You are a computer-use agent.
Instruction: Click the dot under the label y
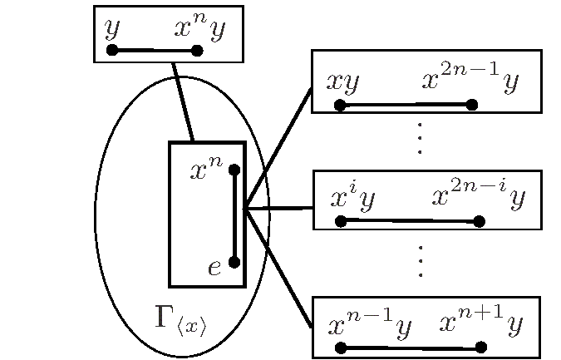coord(112,50)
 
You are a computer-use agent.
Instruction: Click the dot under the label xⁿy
coord(197,51)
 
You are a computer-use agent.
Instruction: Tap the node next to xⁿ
coord(234,170)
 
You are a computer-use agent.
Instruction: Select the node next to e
coord(234,262)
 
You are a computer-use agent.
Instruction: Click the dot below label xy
coord(340,105)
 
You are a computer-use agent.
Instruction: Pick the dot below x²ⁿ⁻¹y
coord(472,105)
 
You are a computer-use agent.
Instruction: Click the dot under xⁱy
coord(341,220)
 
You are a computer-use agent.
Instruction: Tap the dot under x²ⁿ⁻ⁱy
coord(479,221)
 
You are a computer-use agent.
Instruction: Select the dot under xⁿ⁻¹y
coord(341,347)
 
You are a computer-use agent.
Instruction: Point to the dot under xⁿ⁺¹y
coord(480,347)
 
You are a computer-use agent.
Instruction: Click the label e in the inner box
coord(214,267)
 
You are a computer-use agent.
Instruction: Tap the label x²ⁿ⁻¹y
coord(470,80)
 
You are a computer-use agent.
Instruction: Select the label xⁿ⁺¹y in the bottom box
coord(480,323)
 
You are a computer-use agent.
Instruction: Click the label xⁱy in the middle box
coord(352,198)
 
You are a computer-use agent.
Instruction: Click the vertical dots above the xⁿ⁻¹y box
coord(421,261)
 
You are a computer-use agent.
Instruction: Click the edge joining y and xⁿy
coord(155,50)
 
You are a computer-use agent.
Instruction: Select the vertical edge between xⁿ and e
coord(234,216)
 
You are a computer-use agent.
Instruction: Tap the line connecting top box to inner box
coord(183,101)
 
